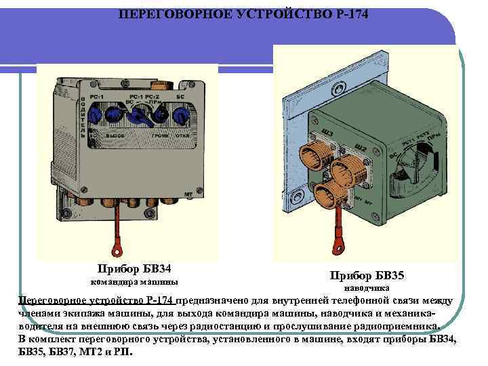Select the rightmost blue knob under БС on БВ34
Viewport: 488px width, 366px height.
182,116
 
